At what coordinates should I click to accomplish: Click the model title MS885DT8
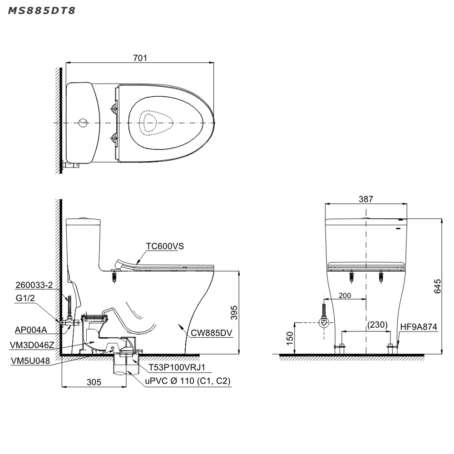point(41,11)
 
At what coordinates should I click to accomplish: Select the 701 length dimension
point(140,58)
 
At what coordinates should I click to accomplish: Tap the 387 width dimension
point(366,199)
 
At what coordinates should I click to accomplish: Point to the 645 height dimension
point(437,286)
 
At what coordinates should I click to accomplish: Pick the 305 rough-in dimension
point(94,382)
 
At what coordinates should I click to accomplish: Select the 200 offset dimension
point(345,296)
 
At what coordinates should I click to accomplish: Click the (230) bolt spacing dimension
point(377,325)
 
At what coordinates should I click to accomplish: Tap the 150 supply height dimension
point(290,338)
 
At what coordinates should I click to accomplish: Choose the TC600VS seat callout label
point(165,246)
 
